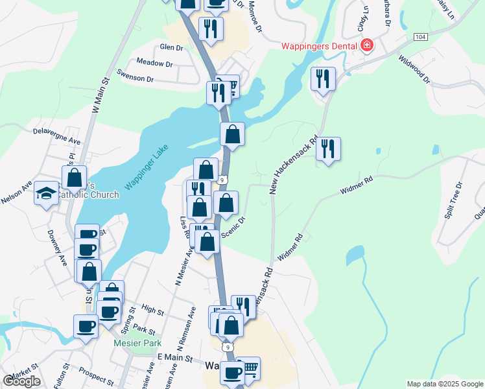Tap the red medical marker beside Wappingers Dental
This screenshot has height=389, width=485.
pos(367,45)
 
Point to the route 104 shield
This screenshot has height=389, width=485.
pos(421,38)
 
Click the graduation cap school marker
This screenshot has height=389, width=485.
pos(46,193)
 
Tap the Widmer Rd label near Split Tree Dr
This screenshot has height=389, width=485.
pos(356,189)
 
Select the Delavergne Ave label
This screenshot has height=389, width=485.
pos(57,136)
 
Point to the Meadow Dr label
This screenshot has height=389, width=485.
pos(154,64)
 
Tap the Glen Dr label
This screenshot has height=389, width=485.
pos(172,47)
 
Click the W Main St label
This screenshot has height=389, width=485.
pos(99,96)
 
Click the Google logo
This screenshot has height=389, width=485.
pos(21,381)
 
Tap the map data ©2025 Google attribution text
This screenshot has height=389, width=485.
pos(444,384)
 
